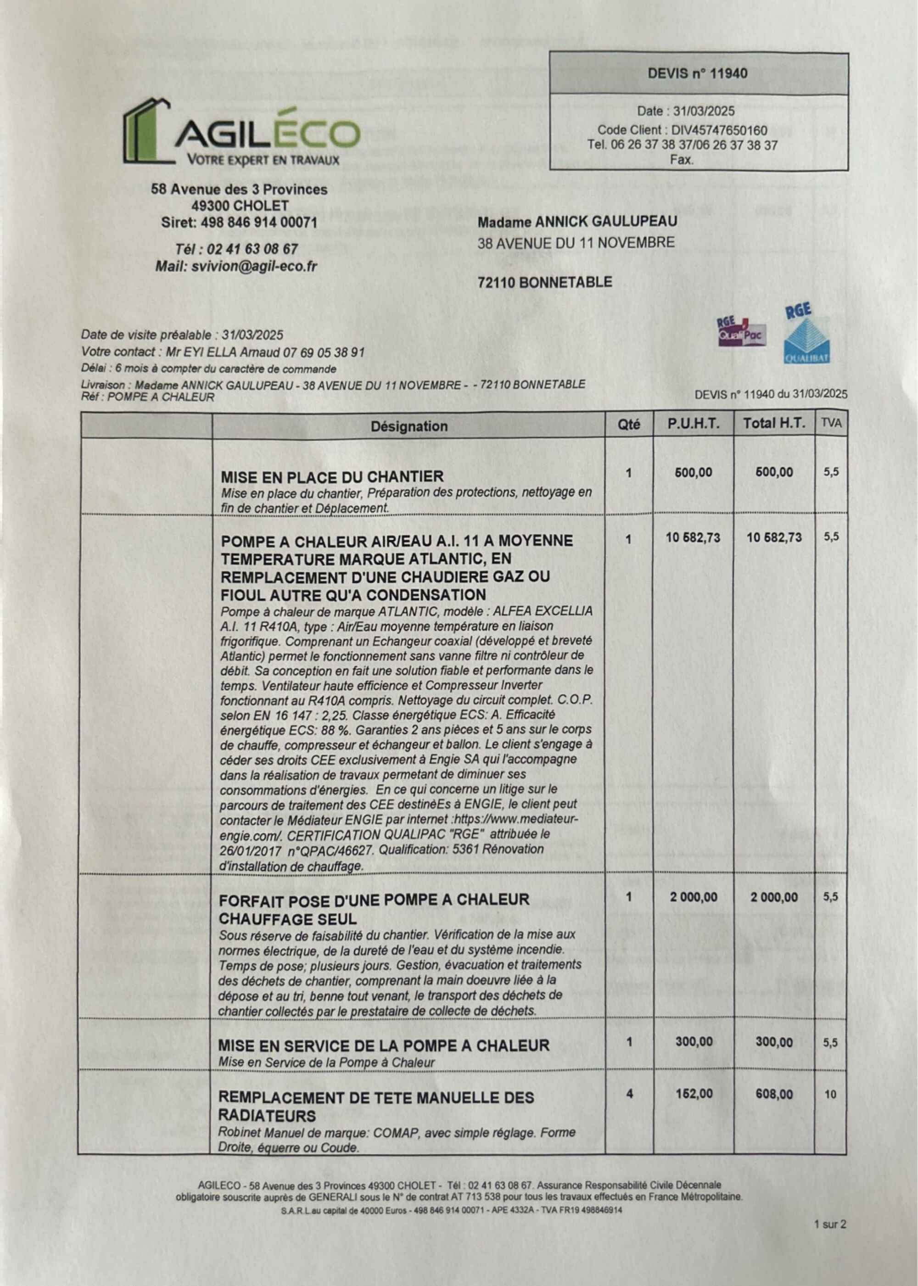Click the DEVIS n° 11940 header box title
coord(698,73)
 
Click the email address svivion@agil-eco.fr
coord(254,266)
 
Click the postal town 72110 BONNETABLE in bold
coord(544,282)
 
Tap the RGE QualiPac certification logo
coord(742,332)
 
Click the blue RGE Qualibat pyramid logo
coord(806,336)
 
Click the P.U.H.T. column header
coord(693,424)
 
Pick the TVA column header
coord(830,424)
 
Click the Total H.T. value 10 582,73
coord(774,537)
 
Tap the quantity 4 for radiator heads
coord(629,1094)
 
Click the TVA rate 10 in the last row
coord(830,1094)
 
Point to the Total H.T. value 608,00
coord(774,1094)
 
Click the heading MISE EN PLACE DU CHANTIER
coord(332,476)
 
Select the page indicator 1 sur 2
coord(830,1224)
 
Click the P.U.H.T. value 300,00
coord(694,1042)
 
